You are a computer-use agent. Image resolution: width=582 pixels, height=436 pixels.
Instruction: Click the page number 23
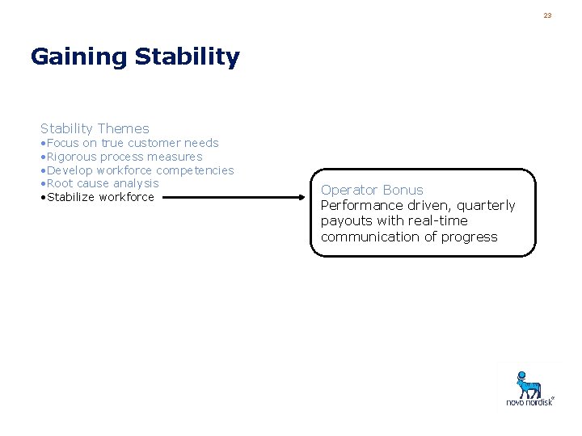coord(547,15)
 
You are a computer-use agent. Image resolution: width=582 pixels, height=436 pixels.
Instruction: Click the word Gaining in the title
coord(79,57)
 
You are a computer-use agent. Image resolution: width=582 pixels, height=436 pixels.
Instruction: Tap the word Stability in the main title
coord(188,57)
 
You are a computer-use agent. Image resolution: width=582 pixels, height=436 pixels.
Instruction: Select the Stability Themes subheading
coord(95,128)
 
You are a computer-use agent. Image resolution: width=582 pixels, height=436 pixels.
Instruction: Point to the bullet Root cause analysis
coord(102,183)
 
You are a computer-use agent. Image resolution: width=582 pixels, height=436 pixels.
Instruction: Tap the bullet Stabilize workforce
coord(99,197)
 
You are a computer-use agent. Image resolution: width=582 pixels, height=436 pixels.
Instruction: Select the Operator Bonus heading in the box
coord(372,190)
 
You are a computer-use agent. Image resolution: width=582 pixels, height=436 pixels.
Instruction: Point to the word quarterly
coord(486,205)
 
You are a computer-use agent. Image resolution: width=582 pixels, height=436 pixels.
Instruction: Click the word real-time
coord(439,220)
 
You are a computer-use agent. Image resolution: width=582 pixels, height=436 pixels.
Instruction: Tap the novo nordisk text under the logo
coord(529,401)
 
